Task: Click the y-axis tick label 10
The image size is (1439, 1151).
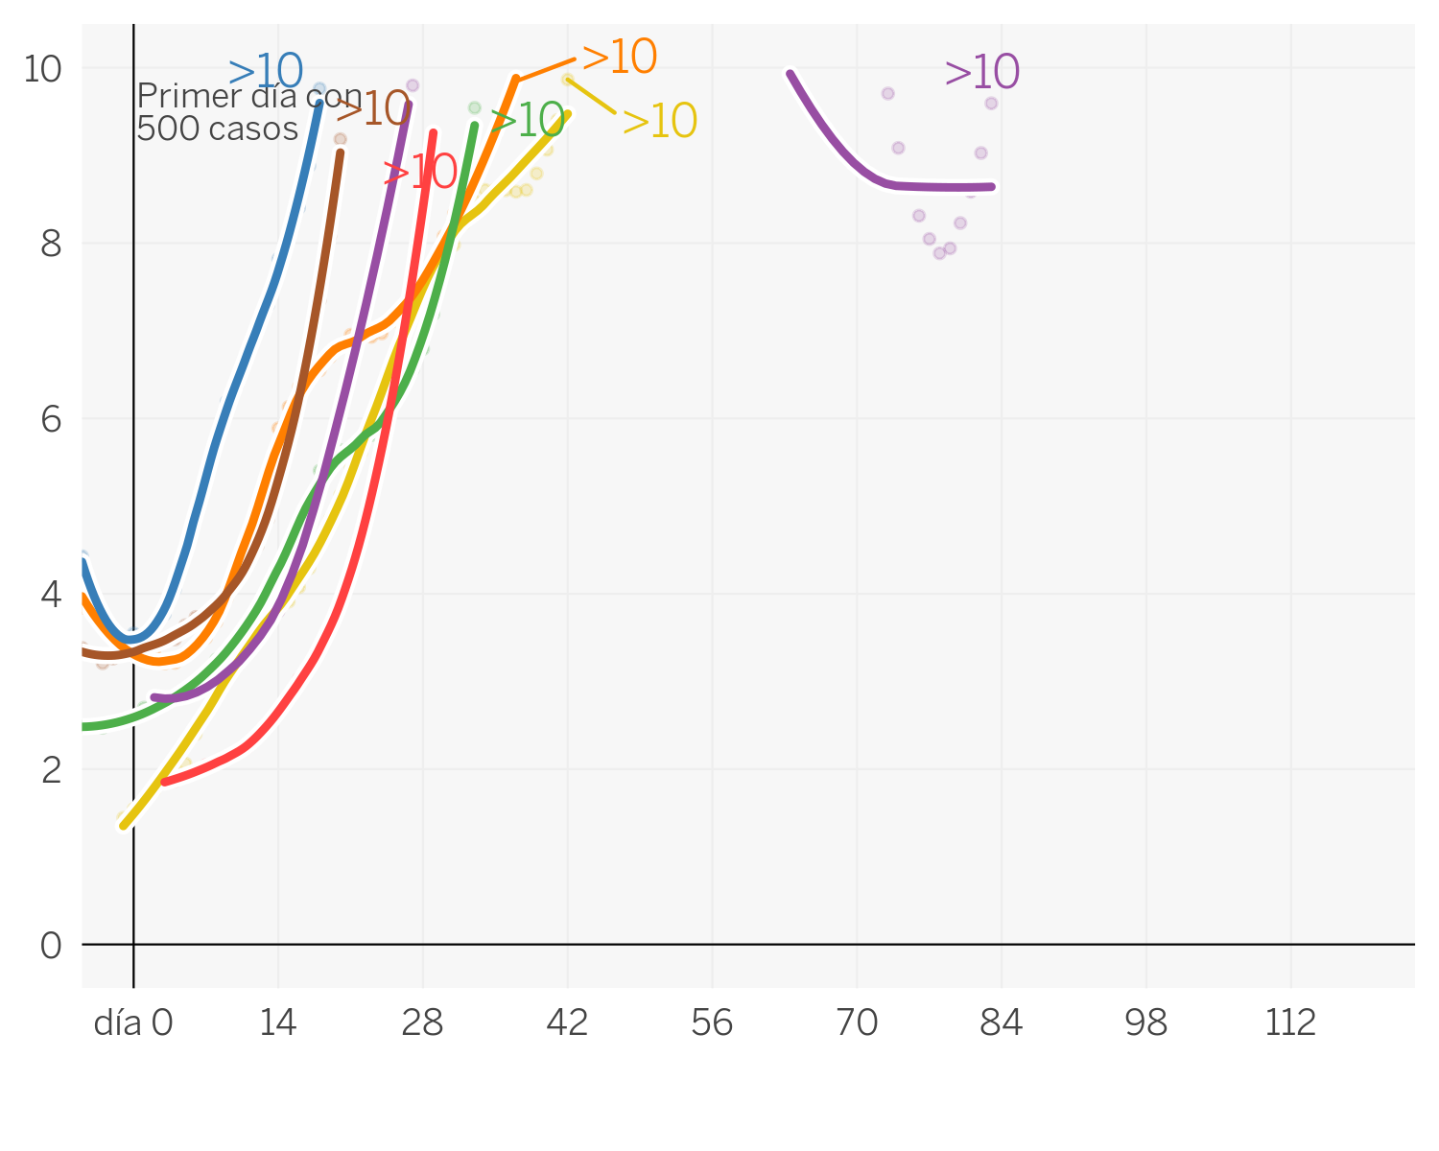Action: (42, 69)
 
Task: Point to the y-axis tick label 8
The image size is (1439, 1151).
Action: (51, 245)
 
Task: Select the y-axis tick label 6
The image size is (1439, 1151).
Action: (51, 420)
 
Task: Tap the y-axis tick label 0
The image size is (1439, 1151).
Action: (51, 946)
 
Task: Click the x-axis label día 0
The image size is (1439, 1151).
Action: (133, 1024)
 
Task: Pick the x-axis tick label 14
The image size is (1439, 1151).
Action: (278, 1024)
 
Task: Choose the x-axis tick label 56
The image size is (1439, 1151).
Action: (712, 1024)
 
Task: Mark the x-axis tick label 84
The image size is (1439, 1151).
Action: (1002, 1024)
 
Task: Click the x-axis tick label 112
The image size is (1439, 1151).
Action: (1290, 1024)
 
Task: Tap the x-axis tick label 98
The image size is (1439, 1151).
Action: (1146, 1024)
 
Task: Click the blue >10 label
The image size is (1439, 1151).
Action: (266, 72)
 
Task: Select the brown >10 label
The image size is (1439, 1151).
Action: (373, 109)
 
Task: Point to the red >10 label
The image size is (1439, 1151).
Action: (420, 174)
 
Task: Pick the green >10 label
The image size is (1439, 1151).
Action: (527, 121)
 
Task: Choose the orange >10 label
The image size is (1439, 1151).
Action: (620, 58)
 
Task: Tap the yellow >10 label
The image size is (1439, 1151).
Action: (659, 122)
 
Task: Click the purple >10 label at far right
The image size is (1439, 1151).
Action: (981, 73)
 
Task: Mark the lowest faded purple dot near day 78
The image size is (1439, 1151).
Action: (939, 253)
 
